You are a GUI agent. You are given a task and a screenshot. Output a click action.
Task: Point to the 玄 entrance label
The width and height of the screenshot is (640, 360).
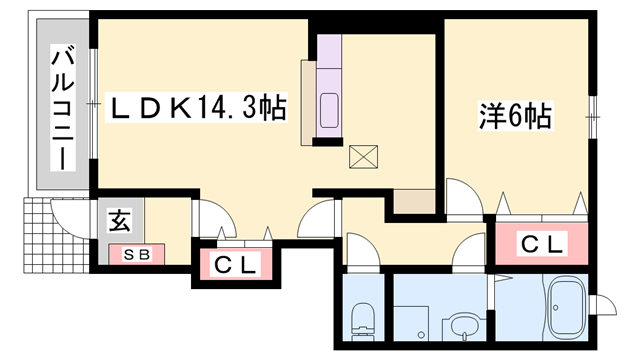pyautogui.click(x=117, y=221)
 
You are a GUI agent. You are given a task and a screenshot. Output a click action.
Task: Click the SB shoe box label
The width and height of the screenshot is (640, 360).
pyautogui.click(x=136, y=254)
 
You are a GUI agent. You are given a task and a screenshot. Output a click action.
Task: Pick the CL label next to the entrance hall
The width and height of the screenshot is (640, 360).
pyautogui.click(x=238, y=265)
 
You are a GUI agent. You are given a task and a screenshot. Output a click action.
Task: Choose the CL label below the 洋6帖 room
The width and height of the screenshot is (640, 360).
pyautogui.click(x=542, y=243)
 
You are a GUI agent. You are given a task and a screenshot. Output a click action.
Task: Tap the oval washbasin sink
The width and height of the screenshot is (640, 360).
pyautogui.click(x=462, y=326)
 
